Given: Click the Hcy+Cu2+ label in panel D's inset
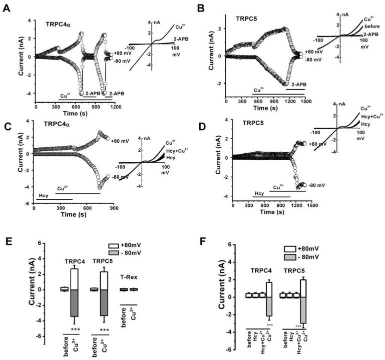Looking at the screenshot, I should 371,115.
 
